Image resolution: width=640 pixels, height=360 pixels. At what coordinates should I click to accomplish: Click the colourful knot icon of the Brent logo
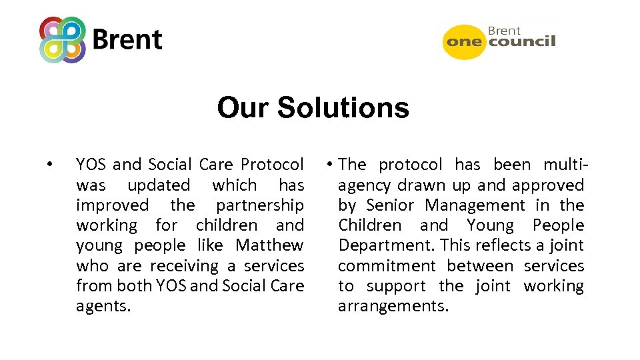63,39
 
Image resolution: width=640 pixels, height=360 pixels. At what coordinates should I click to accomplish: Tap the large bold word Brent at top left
127,40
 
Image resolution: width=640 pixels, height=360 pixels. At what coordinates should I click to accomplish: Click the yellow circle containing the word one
465,41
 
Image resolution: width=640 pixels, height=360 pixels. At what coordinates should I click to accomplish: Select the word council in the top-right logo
522,42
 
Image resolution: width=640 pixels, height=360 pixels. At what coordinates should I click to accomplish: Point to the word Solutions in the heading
343,107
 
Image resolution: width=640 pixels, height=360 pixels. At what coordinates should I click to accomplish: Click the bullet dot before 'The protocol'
330,165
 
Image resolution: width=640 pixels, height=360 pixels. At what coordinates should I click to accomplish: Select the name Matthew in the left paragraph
269,245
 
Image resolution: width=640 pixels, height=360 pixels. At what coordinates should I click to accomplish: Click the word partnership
259,205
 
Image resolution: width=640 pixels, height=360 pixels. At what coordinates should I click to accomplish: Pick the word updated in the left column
159,185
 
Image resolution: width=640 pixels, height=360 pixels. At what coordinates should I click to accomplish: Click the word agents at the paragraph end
103,307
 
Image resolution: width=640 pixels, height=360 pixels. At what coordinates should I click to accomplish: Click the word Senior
390,205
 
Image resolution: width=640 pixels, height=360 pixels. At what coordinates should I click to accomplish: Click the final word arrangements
393,307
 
